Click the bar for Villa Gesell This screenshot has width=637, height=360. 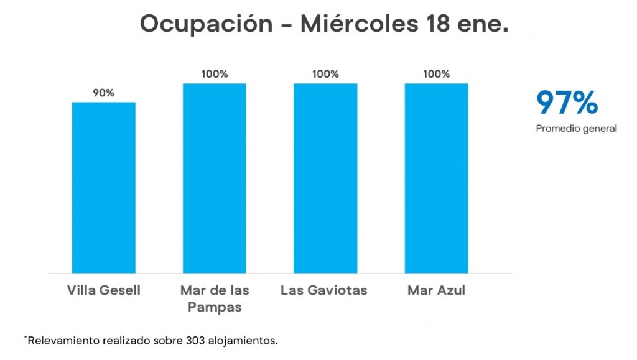tap(104, 187)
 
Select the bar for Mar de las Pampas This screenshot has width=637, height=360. tap(214, 178)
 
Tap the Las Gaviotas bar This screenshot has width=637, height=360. tap(325, 178)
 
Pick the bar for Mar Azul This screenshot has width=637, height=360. tap(436, 178)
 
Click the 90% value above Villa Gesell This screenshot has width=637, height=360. tap(103, 93)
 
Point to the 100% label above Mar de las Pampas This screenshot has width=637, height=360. tap(214, 74)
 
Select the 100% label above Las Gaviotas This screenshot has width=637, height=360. tap(325, 74)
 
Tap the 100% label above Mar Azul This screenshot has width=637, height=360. tap(436, 74)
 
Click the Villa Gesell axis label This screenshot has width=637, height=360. tap(104, 290)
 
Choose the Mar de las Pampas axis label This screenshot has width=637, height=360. tap(215, 298)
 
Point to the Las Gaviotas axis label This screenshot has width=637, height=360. tap(323, 290)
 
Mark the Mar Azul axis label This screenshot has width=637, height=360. tap(436, 290)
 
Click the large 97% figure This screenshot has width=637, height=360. tap(567, 103)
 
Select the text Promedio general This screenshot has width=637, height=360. tap(576, 129)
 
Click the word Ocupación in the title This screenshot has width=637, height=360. tap(206, 24)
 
